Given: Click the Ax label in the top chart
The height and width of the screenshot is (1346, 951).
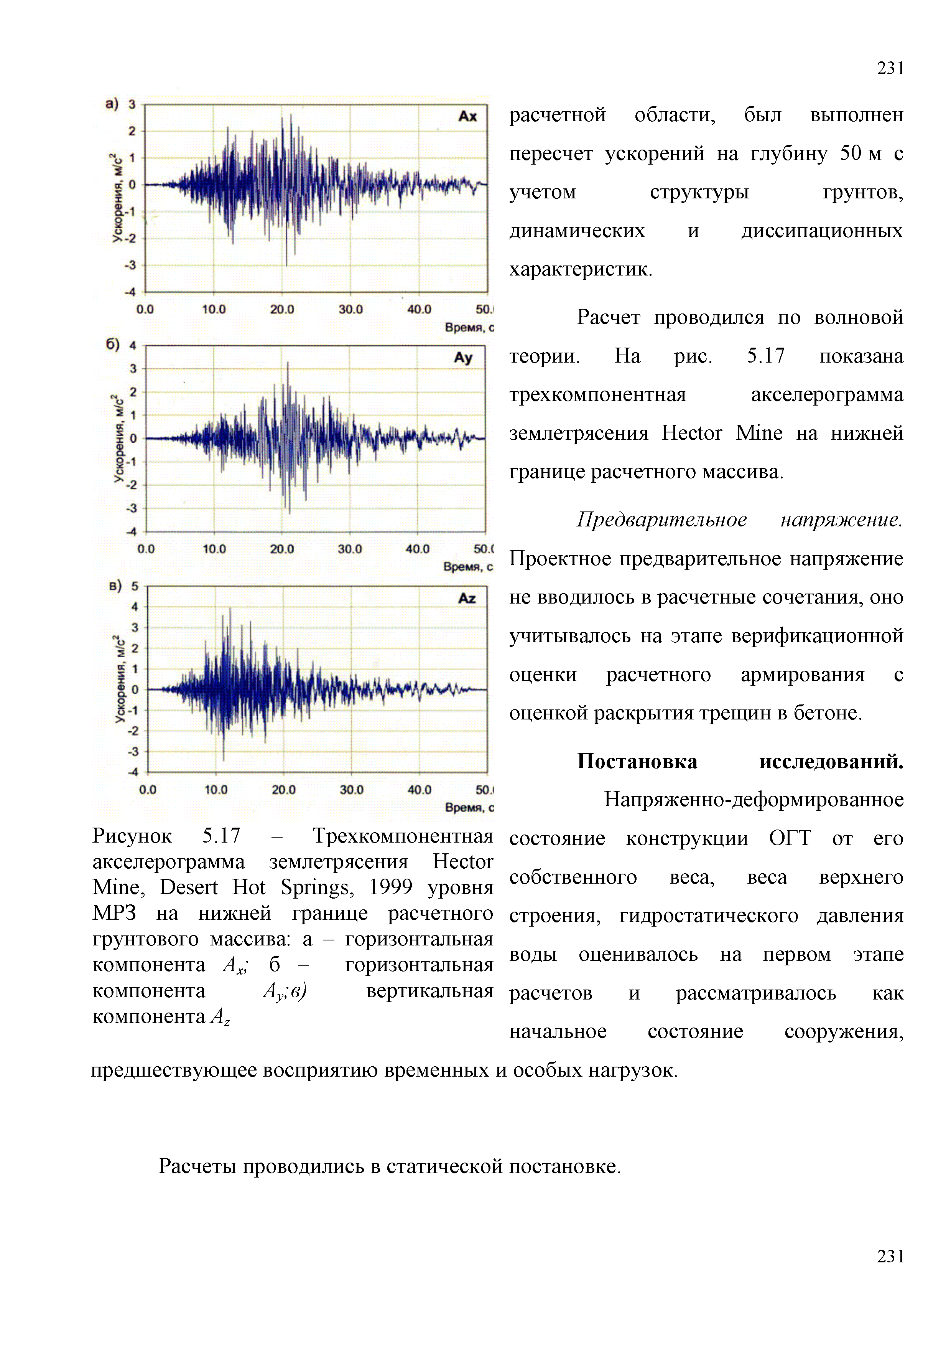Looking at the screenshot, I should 467,116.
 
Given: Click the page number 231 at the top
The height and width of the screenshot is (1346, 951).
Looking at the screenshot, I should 890,69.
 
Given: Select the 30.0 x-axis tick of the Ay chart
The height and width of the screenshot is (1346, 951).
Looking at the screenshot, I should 349,549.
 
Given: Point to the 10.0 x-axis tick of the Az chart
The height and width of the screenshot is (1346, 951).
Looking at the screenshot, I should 216,790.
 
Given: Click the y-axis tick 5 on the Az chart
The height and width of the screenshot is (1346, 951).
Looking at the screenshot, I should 135,586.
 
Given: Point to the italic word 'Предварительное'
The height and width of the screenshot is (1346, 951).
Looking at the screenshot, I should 661,520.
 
